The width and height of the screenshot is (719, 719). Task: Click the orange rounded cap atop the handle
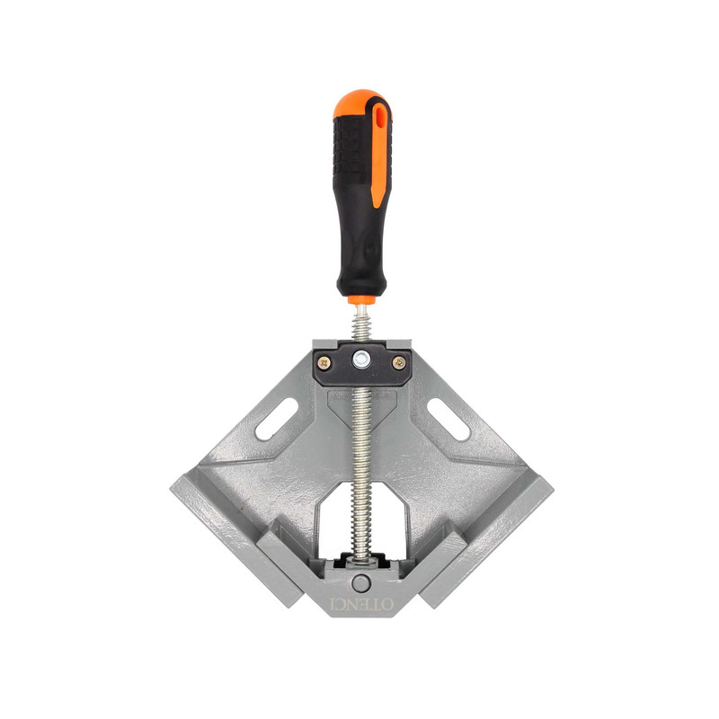click(359, 102)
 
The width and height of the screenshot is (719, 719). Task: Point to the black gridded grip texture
click(350, 146)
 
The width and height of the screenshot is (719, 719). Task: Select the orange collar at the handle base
click(361, 300)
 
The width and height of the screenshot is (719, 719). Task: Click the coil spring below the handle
click(361, 324)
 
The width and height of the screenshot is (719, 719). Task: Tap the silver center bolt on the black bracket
click(361, 359)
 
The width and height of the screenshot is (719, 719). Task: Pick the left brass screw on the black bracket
click(325, 363)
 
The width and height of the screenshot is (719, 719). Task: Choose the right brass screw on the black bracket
click(398, 363)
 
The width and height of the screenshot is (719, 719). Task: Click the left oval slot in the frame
click(277, 419)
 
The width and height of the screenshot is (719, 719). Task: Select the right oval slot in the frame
click(448, 420)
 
